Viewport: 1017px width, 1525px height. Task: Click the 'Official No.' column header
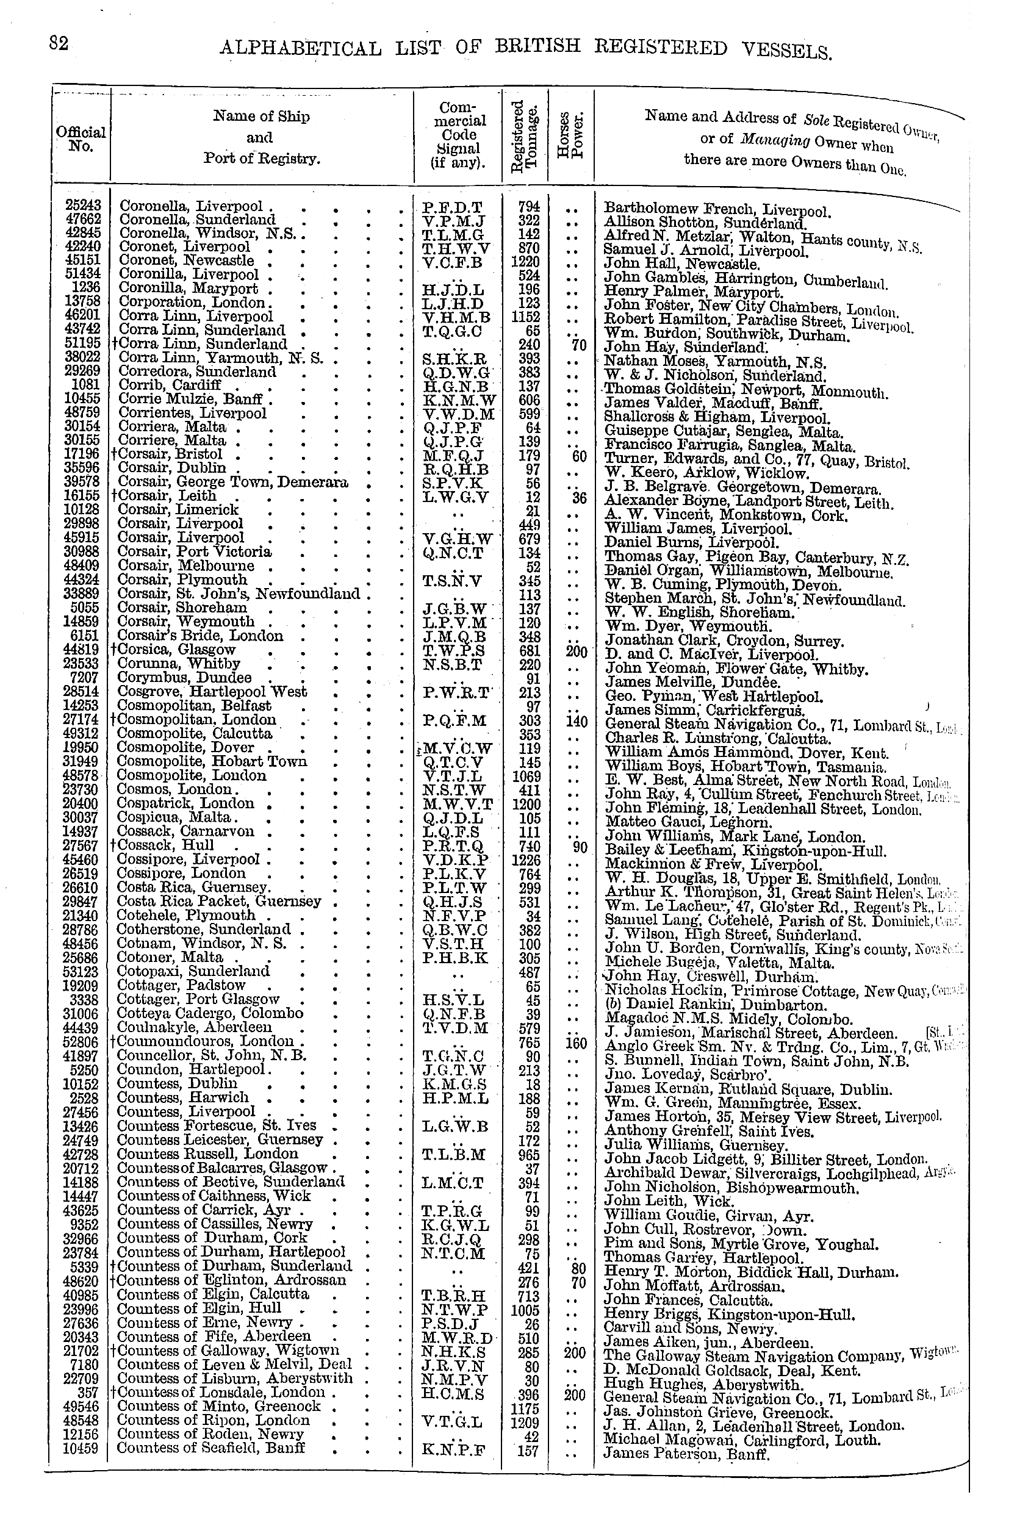[x=81, y=138]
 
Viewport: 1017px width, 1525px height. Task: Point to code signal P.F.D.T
[x=452, y=207]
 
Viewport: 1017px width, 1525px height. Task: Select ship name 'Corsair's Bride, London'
[x=201, y=636]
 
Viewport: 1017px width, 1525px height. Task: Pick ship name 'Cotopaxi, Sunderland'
[x=193, y=971]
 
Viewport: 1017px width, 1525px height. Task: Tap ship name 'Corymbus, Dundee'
[x=184, y=678]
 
